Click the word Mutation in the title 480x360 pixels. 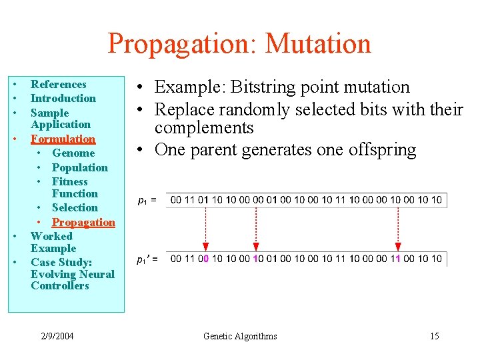(318, 44)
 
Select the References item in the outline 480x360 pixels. (59, 84)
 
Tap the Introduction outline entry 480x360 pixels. (63, 98)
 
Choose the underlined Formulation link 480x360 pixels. (63, 139)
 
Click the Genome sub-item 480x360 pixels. (73, 153)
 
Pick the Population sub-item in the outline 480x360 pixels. (79, 167)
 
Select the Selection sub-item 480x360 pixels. (75, 207)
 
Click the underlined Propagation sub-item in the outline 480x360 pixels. (83, 222)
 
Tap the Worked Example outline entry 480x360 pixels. (52, 242)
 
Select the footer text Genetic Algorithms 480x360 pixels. (240, 336)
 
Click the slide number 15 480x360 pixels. (434, 336)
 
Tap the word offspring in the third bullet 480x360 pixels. (382, 149)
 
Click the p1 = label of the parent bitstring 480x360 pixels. (147, 200)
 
